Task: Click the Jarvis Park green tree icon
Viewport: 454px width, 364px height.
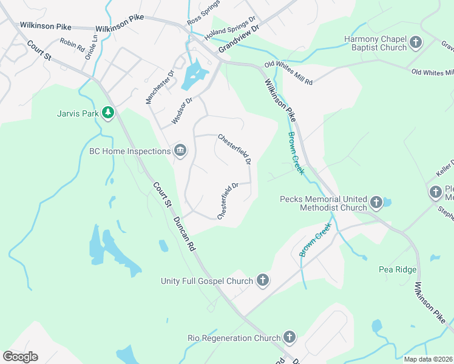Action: pyautogui.click(x=108, y=112)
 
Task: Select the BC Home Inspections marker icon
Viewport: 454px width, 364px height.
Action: pyautogui.click(x=180, y=150)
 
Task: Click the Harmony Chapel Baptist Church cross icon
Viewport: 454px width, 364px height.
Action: pyautogui.click(x=416, y=42)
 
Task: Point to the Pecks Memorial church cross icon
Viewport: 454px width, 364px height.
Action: pyautogui.click(x=376, y=202)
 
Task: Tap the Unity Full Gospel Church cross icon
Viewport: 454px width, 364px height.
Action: pyautogui.click(x=262, y=280)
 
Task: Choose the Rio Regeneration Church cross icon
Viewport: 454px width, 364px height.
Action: pyautogui.click(x=290, y=337)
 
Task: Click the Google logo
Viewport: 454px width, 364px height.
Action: pyautogui.click(x=20, y=357)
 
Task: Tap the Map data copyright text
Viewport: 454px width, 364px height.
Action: pyautogui.click(x=428, y=359)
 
